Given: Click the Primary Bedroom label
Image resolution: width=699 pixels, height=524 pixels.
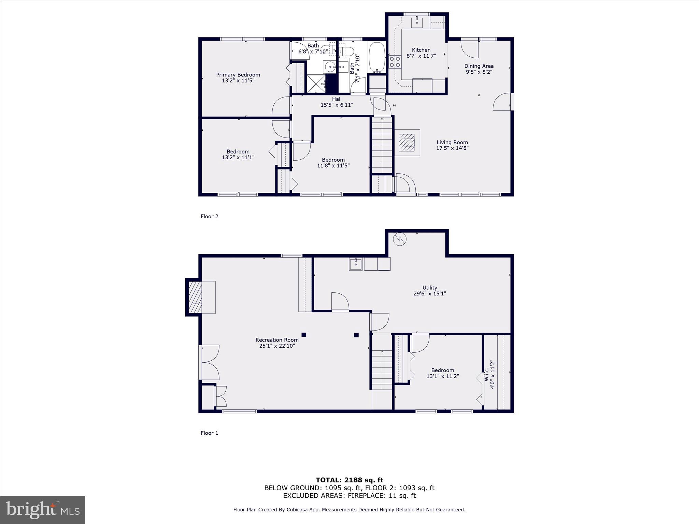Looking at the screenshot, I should click(238, 75).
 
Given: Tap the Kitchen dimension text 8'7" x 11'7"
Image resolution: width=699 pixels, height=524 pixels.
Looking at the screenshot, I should click(421, 56).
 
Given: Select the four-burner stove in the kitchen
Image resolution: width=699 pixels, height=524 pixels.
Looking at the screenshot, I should click(395, 62).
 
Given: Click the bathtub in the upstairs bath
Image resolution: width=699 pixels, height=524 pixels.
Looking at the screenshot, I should click(377, 57).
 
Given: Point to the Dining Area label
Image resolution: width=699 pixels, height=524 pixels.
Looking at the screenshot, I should click(479, 66).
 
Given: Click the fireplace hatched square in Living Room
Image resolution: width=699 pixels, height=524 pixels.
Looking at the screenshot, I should click(407, 142).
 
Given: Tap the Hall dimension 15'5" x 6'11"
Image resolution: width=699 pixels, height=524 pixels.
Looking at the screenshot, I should click(337, 105).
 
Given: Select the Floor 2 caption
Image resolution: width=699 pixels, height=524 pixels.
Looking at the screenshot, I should click(209, 216).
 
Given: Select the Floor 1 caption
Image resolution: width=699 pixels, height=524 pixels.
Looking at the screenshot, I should click(209, 433).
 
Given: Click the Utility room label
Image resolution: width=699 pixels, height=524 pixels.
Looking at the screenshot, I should click(429, 288).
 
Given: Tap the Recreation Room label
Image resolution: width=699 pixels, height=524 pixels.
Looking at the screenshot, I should click(277, 340).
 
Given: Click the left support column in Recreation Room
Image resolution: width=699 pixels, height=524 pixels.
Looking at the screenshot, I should click(304, 335).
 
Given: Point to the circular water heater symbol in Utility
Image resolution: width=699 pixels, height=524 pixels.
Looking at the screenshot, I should click(400, 239).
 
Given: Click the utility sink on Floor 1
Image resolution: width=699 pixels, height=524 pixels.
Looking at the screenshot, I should click(356, 264).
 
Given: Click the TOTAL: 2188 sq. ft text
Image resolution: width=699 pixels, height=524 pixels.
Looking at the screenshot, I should click(349, 480).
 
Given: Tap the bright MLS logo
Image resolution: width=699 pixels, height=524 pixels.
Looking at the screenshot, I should click(43, 510).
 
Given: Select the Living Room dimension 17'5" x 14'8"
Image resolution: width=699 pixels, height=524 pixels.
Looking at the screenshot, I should click(452, 148).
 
